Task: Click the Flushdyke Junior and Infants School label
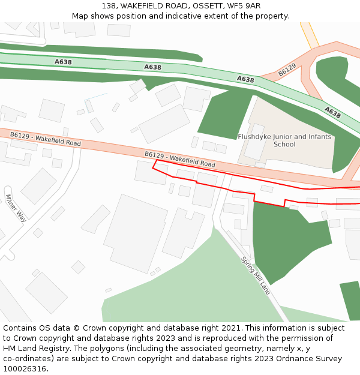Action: (x=284, y=140)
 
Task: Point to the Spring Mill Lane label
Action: (x=256, y=275)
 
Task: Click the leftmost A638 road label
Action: (x=63, y=62)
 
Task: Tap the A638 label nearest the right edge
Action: (x=332, y=112)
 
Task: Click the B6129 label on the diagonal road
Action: (x=287, y=71)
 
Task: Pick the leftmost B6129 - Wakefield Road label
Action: (x=45, y=139)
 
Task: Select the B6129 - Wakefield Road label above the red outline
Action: (x=179, y=159)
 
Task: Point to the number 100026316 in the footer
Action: (x=25, y=369)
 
